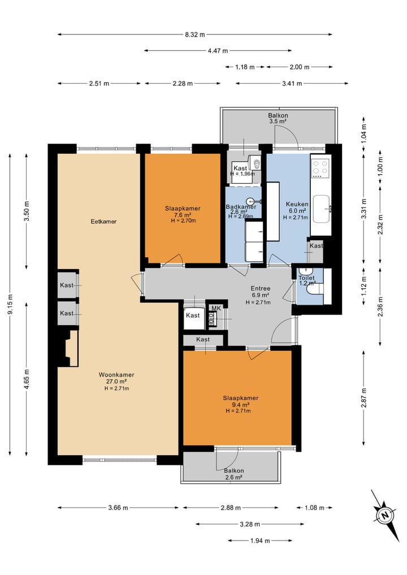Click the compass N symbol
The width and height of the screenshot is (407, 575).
click(x=385, y=515)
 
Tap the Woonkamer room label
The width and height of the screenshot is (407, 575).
click(x=116, y=375)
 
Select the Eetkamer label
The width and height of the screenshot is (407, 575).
click(x=103, y=222)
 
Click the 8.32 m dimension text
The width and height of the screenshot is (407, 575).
click(x=195, y=34)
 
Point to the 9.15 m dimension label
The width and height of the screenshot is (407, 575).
click(x=11, y=304)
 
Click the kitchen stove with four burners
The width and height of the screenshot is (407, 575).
click(x=320, y=168)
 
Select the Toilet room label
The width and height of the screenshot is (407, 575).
click(x=306, y=278)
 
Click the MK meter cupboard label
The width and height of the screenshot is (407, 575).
click(x=217, y=308)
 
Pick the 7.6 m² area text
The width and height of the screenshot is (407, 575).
click(x=183, y=215)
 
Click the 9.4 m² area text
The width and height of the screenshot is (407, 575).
click(x=241, y=404)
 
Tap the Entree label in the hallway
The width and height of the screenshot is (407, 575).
click(x=261, y=288)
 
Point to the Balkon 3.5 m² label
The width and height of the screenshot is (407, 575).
click(x=278, y=118)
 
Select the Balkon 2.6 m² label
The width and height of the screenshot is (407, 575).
click(x=233, y=474)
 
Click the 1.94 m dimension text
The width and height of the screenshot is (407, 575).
click(x=261, y=541)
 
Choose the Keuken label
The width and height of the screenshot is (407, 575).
click(x=297, y=204)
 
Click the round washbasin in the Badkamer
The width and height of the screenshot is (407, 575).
click(x=250, y=201)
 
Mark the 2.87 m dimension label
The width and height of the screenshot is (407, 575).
click(x=363, y=397)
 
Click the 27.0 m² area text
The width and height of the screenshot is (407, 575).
click(x=116, y=382)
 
